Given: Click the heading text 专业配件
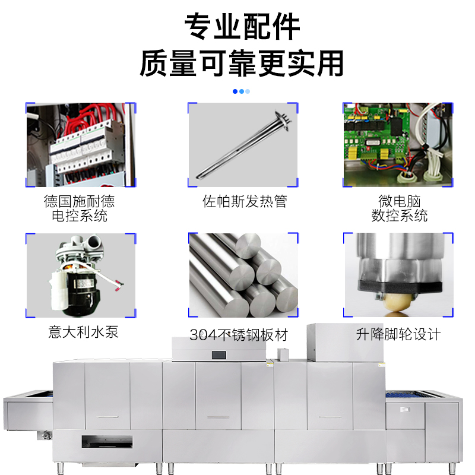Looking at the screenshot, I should click(x=242, y=27).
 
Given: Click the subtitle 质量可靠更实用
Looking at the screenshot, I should click(x=242, y=63).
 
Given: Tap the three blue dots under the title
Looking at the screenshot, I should click(x=241, y=91).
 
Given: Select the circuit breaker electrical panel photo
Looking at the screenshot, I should click(x=81, y=145).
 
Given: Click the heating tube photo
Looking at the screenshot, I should click(x=243, y=145).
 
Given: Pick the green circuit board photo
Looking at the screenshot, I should click(x=398, y=145).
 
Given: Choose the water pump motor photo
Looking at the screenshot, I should click(x=81, y=275).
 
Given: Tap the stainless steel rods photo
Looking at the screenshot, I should click(x=243, y=275).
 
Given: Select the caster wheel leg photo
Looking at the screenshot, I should click(x=398, y=275).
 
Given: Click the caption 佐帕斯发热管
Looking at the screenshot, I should click(x=245, y=202).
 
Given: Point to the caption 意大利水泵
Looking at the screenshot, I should click(x=83, y=331).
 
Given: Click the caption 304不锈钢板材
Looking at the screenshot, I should click(x=239, y=335).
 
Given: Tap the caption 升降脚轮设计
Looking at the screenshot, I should click(x=398, y=334).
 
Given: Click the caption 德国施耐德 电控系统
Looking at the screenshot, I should click(x=80, y=208).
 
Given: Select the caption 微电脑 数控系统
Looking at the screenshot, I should click(x=399, y=208).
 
